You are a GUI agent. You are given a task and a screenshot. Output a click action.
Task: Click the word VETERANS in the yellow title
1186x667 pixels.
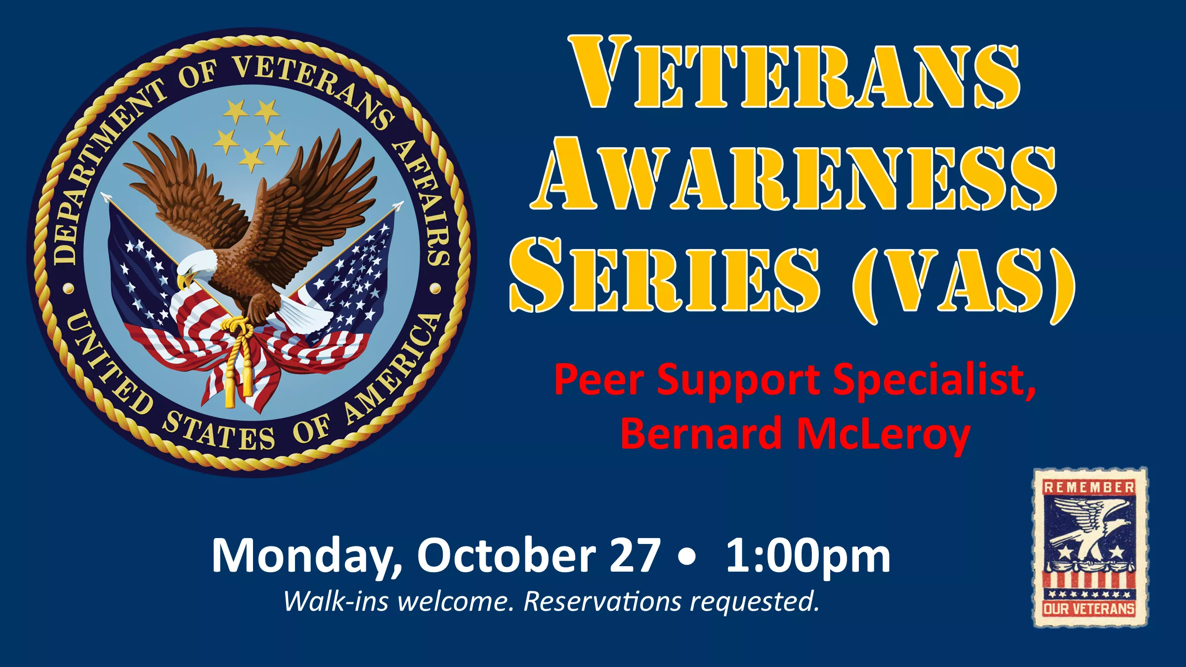tap(794, 73)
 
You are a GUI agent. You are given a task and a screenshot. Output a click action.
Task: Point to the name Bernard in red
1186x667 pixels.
tap(702, 433)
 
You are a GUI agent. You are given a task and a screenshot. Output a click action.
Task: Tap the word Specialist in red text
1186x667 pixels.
tap(934, 380)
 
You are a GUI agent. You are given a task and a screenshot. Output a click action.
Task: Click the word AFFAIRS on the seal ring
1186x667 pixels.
tap(423, 203)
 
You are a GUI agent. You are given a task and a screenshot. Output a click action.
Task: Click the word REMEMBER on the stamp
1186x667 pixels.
tap(1089, 488)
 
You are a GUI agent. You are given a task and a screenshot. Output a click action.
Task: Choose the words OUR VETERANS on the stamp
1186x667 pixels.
tap(1089, 609)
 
